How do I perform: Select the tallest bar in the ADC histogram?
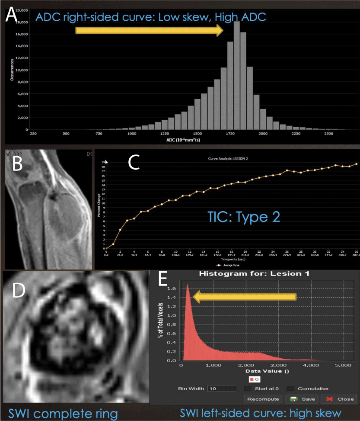click(236, 76)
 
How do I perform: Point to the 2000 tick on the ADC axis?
click(262, 134)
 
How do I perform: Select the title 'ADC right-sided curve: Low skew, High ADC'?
click(151, 17)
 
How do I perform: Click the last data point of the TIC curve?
click(357, 164)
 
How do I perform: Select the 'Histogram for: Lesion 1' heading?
click(254, 274)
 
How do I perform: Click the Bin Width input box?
click(222, 389)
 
